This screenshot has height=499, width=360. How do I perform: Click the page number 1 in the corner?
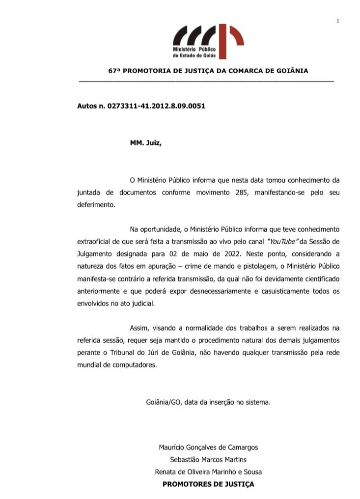pyautogui.click(x=338, y=20)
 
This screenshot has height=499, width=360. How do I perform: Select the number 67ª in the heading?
pyautogui.click(x=114, y=71)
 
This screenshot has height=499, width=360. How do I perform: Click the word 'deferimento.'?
pyautogui.click(x=96, y=204)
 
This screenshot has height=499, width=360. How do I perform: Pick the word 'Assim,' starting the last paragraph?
pyautogui.click(x=139, y=328)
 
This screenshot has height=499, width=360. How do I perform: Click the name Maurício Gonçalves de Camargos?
pyautogui.click(x=208, y=447)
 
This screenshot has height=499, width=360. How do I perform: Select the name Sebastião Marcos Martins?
pyautogui.click(x=208, y=459)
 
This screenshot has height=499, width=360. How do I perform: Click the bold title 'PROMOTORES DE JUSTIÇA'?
pyautogui.click(x=208, y=484)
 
